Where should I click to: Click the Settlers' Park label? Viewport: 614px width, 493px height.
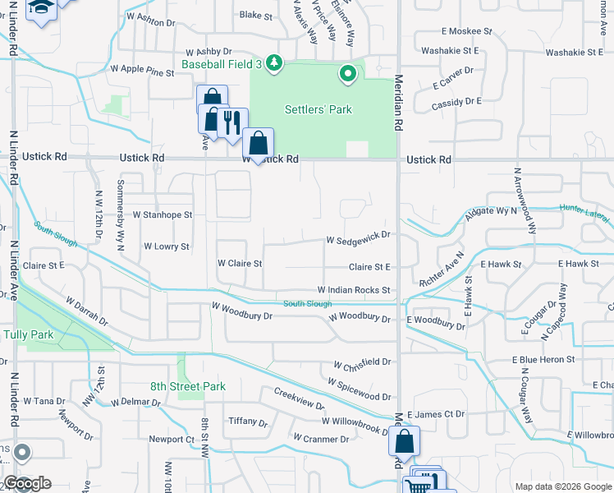(318, 109)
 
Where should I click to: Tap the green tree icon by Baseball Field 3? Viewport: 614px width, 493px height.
(275, 62)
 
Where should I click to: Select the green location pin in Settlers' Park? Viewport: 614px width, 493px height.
(348, 75)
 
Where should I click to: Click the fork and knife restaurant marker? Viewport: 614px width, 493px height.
(232, 122)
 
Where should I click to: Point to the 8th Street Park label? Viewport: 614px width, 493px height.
(188, 386)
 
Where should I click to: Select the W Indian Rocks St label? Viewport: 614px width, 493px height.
(353, 291)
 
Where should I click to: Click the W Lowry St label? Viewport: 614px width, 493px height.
(167, 246)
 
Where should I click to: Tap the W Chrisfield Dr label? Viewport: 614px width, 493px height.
(362, 362)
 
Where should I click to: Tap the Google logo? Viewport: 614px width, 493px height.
(27, 483)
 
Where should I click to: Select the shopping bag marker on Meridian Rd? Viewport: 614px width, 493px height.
(405, 443)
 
